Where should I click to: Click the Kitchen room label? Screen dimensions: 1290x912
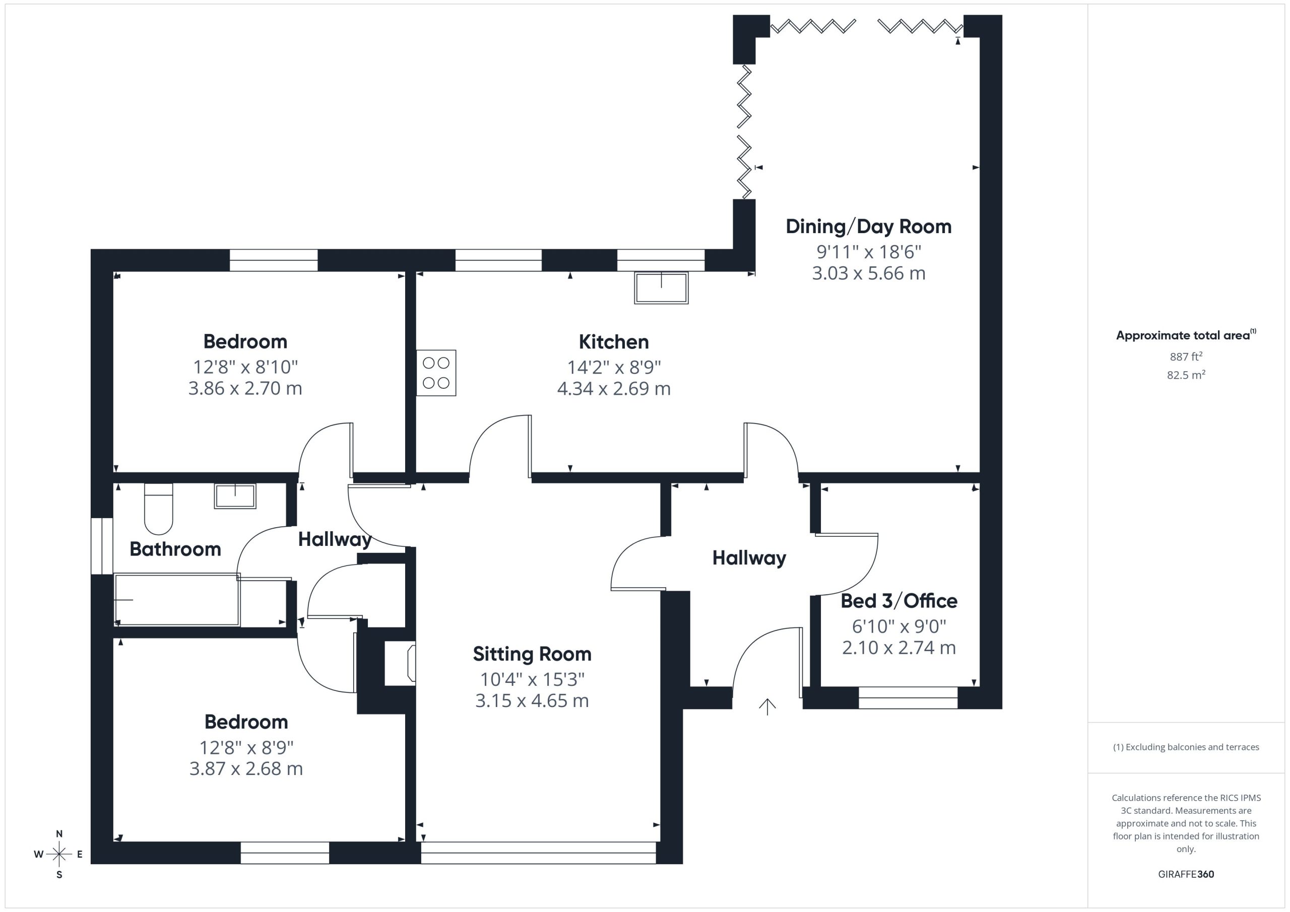tap(614, 341)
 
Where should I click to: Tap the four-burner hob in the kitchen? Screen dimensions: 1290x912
tap(436, 373)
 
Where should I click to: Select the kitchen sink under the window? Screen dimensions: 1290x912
tap(661, 288)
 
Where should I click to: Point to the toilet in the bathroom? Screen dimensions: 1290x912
tap(158, 509)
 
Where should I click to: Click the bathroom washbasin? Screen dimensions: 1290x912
tap(235, 497)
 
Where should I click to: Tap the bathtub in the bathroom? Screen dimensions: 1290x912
tap(177, 600)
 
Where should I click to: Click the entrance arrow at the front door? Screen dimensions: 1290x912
tap(767, 707)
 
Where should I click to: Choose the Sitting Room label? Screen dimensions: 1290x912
tap(532, 654)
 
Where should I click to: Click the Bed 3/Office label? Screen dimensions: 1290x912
tap(899, 601)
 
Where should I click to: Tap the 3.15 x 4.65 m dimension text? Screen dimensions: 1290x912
tap(532, 701)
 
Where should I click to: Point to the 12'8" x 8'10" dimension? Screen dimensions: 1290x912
tap(245, 367)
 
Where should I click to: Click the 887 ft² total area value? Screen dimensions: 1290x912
tap(1186, 357)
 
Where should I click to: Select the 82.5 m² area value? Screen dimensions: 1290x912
tap(1186, 375)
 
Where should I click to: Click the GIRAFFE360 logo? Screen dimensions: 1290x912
tap(1186, 874)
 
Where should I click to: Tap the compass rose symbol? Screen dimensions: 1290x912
tap(59, 855)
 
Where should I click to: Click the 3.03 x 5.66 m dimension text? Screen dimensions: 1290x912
tap(869, 273)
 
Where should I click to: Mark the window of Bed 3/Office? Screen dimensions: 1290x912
tap(908, 697)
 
